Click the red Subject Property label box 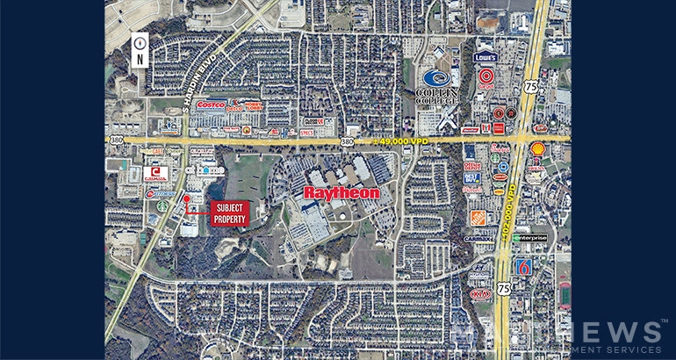point(230,212)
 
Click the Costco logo point(211,104)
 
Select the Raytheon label point(342,192)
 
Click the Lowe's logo point(485,58)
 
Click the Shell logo point(538,149)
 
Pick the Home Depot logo point(478,218)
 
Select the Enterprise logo point(529,237)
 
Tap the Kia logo point(479,293)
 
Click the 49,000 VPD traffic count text point(403,139)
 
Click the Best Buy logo point(472,177)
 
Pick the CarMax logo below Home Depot point(478,239)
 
